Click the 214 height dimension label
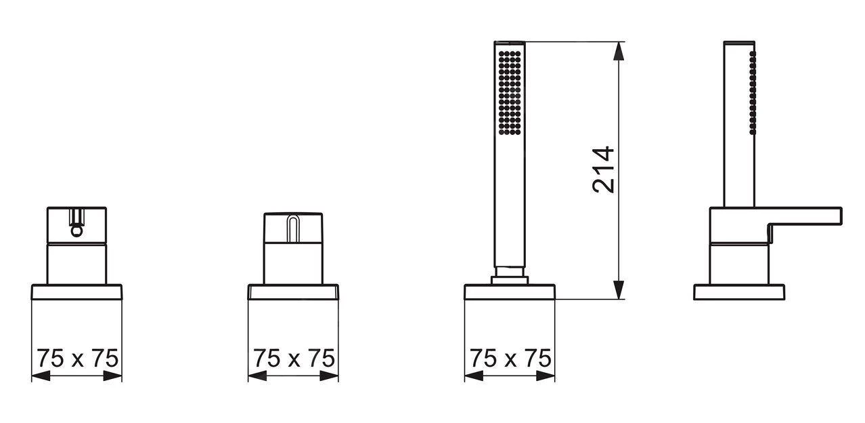coord(603,169)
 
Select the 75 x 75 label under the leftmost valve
coord(77,358)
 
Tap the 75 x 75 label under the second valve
coord(294,358)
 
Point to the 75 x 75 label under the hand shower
coord(510,358)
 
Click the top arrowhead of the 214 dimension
coord(619,51)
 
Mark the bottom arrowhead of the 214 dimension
coord(619,289)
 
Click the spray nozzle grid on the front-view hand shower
coord(510,93)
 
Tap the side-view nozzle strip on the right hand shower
coord(753,93)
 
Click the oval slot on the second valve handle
coord(293,229)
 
